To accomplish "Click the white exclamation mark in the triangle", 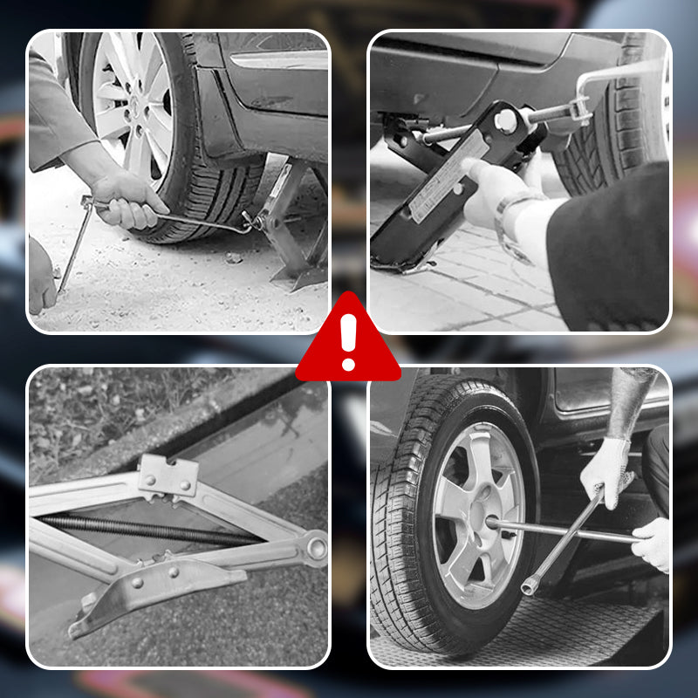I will [349, 341].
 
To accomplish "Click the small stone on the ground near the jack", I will [233, 257].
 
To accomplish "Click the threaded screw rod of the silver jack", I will [148, 530].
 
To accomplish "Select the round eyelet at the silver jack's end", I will [315, 549].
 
